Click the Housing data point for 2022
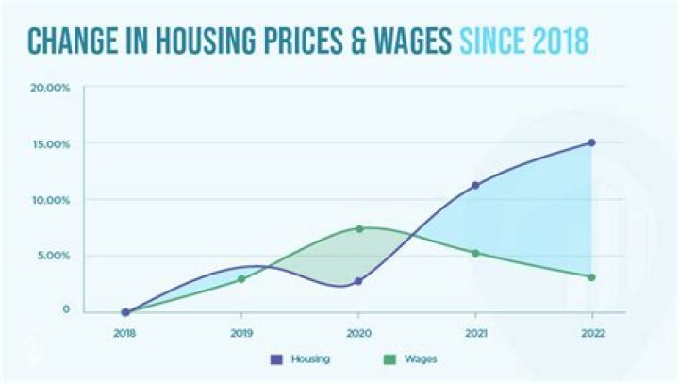pos(591,142)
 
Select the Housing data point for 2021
pos(475,185)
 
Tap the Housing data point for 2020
pos(358,281)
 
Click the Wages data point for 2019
pos(241,279)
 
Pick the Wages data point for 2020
pos(359,228)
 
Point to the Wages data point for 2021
pos(475,253)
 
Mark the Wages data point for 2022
pos(591,277)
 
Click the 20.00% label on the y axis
pos(51,88)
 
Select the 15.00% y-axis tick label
pos(51,144)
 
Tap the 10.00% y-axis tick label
pos(51,200)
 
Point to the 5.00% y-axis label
pos(53,256)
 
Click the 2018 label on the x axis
pos(124,333)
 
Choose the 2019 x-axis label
pos(241,333)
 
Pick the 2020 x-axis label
pos(358,333)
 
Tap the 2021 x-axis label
pos(475,333)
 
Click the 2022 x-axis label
pos(591,333)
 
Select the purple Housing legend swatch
pos(276,359)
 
